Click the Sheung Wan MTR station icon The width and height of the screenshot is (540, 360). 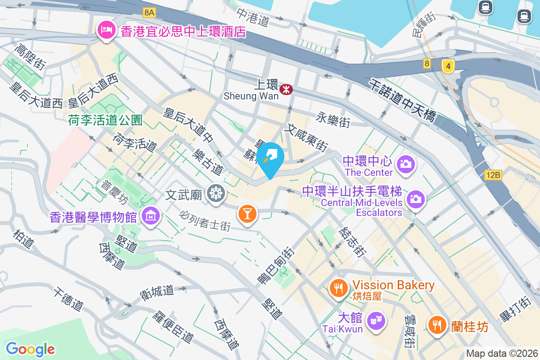286,90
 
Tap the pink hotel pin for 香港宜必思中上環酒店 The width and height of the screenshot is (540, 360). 107,31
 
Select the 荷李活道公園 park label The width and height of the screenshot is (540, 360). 105,120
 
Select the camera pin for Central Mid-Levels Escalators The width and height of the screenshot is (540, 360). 415,198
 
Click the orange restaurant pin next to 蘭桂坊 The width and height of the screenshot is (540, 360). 437,324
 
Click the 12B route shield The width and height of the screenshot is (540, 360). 493,175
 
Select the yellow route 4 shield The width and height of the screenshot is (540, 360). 447,66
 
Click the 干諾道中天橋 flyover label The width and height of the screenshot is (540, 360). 402,100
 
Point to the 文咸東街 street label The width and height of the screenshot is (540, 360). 306,139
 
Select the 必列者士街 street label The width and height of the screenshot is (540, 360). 206,221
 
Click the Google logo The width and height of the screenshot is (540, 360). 30,349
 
